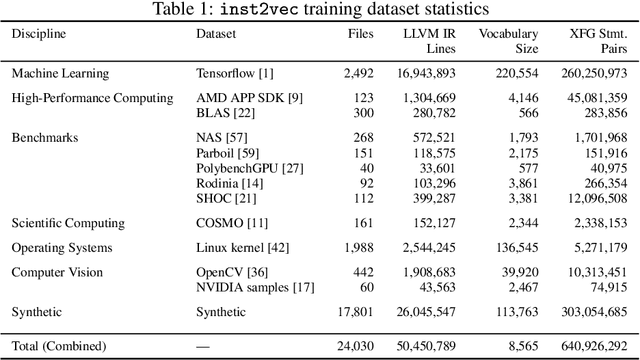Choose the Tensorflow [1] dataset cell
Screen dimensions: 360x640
point(232,73)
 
